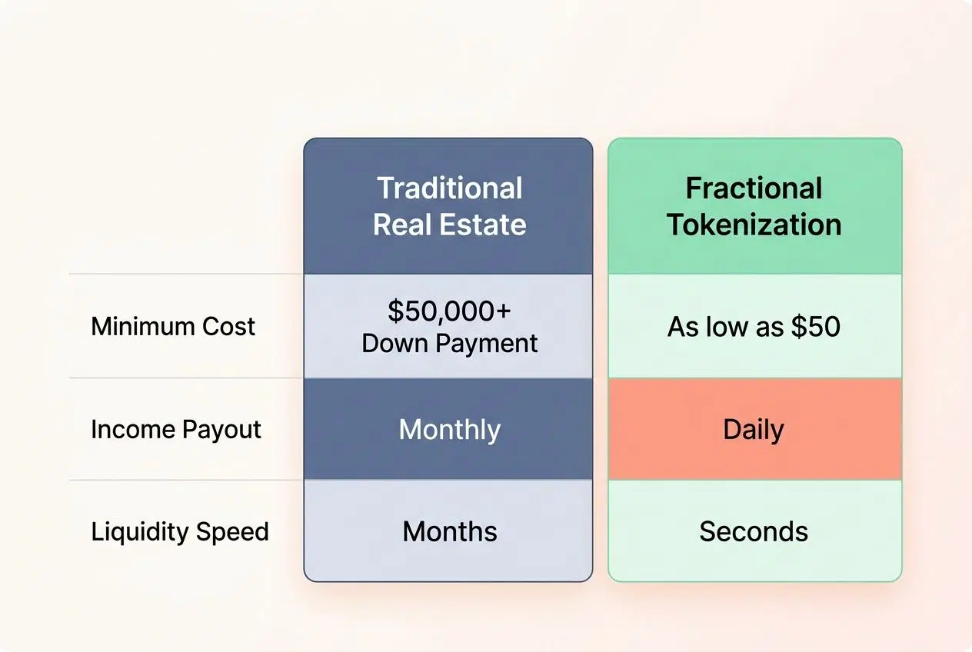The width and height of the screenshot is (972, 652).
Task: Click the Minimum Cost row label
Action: tap(173, 327)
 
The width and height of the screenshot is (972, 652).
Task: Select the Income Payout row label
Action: tap(176, 430)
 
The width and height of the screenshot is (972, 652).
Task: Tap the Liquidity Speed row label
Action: tap(180, 532)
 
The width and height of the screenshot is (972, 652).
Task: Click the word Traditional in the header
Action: tap(450, 188)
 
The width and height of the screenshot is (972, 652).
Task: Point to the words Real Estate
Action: tap(450, 225)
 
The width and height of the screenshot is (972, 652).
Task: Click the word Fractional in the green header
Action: tap(754, 188)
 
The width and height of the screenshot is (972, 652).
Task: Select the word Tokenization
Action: tap(754, 225)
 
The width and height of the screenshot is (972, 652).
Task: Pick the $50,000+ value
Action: tap(450, 311)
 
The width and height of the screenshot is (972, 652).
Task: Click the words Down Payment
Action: tap(450, 343)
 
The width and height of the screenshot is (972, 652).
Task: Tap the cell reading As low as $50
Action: tap(754, 327)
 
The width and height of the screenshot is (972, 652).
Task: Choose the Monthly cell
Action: tap(450, 430)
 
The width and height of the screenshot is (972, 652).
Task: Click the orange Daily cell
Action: tap(754, 430)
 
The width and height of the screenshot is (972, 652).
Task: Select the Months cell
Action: tap(450, 532)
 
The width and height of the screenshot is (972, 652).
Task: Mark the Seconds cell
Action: tap(754, 532)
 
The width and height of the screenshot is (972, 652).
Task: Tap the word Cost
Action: tap(228, 327)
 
